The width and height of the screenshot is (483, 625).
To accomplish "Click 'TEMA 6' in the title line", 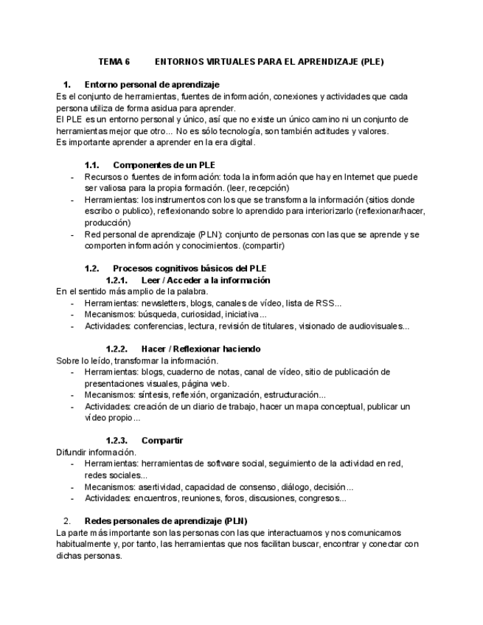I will click(x=114, y=62).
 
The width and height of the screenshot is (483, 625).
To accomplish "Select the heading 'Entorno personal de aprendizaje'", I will click(x=152, y=85).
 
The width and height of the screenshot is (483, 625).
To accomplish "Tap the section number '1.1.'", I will click(x=92, y=164).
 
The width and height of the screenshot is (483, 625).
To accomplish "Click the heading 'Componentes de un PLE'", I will click(x=164, y=164).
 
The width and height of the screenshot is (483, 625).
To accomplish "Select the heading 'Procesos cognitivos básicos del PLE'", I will click(x=190, y=268).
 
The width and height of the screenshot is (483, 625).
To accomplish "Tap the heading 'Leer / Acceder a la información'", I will click(x=205, y=280).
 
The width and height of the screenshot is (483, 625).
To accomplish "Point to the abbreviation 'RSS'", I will click(x=324, y=303).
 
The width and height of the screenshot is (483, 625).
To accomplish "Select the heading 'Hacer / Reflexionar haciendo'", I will click(x=201, y=349).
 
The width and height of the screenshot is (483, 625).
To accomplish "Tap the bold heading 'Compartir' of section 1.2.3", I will click(x=162, y=440).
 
